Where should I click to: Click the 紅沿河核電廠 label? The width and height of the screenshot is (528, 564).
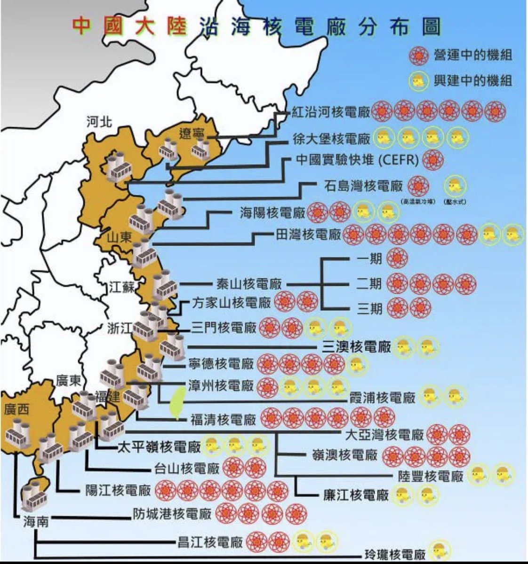[x=330, y=112]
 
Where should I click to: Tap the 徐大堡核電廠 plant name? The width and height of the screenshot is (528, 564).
[x=331, y=138]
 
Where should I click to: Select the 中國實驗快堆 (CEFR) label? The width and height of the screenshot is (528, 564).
[x=357, y=160]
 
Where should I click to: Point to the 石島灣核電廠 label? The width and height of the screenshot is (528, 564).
[x=363, y=186]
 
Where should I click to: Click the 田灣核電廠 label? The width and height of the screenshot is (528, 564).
[x=308, y=234]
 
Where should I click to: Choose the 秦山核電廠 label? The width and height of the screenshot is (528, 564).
[x=249, y=284]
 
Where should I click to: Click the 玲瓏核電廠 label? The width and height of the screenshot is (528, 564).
[x=395, y=554]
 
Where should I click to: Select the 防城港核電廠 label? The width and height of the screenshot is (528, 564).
[x=172, y=514]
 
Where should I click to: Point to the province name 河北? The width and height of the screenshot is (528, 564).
[x=99, y=122]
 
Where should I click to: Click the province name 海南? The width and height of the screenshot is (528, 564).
[x=36, y=522]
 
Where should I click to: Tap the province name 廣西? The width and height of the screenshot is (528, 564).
[x=16, y=409]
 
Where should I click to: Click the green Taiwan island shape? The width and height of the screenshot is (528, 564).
[x=177, y=403]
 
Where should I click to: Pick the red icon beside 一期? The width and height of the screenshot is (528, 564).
[x=397, y=258]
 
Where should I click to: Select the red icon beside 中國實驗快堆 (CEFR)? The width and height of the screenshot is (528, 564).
[x=432, y=160]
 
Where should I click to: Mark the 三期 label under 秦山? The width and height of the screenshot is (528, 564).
[x=369, y=308]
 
